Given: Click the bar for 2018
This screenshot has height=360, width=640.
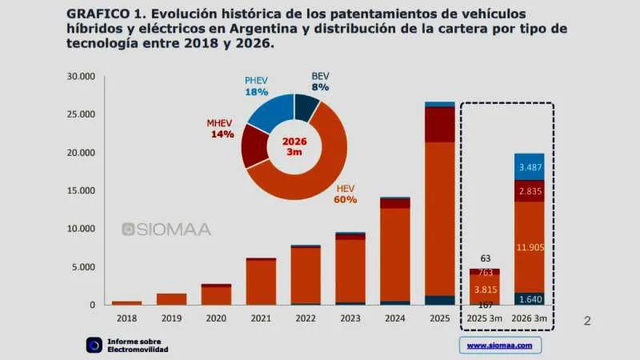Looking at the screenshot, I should click(126, 302).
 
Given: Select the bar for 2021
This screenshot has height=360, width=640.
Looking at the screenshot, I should click(261, 282).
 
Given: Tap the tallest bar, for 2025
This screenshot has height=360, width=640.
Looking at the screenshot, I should click(440, 204).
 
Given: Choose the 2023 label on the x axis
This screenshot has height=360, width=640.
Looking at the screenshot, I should click(350, 319).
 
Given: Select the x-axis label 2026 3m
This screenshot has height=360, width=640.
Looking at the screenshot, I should click(530, 319).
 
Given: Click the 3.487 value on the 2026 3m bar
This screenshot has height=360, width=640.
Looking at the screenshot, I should click(530, 167).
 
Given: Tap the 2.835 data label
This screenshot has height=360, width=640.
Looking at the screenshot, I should click(530, 192).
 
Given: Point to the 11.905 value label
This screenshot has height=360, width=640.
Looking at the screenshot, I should click(530, 247).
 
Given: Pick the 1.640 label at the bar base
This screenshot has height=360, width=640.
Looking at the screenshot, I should click(530, 299).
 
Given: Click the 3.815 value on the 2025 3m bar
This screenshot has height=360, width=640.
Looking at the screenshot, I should click(485, 290).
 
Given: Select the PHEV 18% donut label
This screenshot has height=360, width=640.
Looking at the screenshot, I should click(258, 86).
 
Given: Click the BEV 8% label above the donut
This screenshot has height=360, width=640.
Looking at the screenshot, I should click(320, 81).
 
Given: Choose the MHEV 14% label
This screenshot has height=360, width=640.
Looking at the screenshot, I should click(220, 129).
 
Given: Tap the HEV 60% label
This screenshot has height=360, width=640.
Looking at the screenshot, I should click(345, 194).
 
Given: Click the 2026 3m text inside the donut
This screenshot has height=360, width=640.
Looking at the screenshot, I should click(294, 146).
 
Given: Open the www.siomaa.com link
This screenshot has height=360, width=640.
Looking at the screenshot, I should click(500, 346).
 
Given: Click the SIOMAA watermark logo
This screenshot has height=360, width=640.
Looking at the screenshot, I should click(166, 230).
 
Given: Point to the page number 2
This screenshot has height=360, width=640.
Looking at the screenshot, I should click(587, 321).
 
